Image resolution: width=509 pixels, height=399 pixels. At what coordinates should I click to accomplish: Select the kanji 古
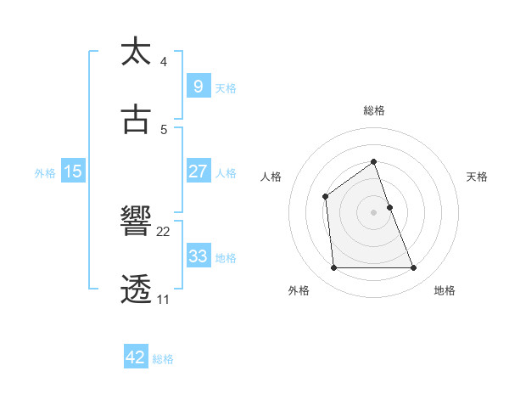coord(137,119)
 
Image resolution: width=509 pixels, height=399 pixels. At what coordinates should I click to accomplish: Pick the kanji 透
coord(137,289)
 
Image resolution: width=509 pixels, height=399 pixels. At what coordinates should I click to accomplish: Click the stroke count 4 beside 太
coord(163,62)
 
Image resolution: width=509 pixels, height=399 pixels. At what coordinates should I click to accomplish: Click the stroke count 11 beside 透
coord(163,300)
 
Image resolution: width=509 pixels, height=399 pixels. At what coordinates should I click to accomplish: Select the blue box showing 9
coord(198,86)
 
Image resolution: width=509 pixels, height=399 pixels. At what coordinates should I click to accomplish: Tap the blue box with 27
coord(198,171)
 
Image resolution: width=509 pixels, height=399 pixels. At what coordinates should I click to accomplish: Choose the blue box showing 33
coord(198,256)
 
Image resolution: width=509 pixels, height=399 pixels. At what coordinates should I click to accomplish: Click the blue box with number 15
coord(73,171)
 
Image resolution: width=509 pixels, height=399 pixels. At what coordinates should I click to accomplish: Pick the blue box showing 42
coord(136,357)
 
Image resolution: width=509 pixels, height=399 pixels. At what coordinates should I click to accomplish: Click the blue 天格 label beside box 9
coord(226,88)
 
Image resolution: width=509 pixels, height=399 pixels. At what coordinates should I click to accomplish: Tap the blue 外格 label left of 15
coord(45,173)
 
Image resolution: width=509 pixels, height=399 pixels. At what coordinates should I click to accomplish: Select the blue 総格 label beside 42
coord(163,360)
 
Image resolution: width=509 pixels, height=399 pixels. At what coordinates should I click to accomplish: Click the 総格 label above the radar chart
coord(373,110)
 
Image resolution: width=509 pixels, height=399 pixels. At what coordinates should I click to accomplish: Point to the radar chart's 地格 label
coord(445,290)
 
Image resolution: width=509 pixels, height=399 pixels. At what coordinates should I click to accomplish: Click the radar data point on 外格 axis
coord(333,268)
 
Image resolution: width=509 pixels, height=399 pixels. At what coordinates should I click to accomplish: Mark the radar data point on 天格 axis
coord(389,207)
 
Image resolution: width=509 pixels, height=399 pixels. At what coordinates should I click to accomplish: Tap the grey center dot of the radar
coord(373,212)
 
